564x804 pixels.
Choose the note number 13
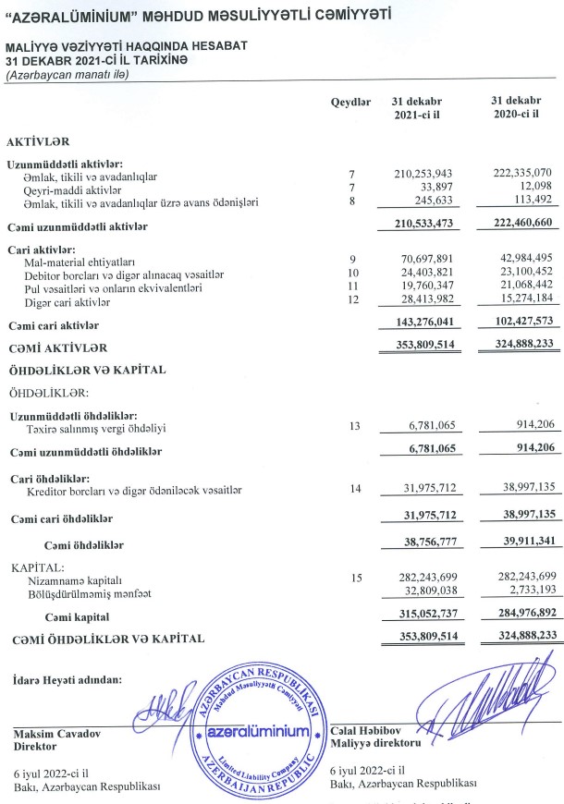tap(352, 428)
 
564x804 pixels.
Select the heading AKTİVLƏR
tap(38, 142)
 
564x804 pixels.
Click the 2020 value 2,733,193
tap(524, 591)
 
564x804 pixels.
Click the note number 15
tap(352, 578)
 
